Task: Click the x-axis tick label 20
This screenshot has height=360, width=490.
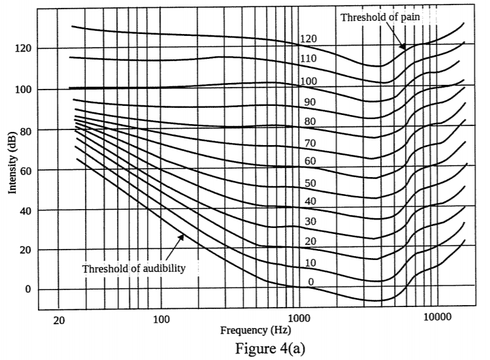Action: (59, 320)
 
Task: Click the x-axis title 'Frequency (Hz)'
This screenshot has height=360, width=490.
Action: (255, 331)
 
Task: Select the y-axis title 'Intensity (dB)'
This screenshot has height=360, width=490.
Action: (12, 168)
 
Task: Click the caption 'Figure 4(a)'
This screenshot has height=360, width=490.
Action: (267, 350)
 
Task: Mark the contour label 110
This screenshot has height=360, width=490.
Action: (309, 59)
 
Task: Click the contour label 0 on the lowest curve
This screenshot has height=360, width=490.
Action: (311, 282)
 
